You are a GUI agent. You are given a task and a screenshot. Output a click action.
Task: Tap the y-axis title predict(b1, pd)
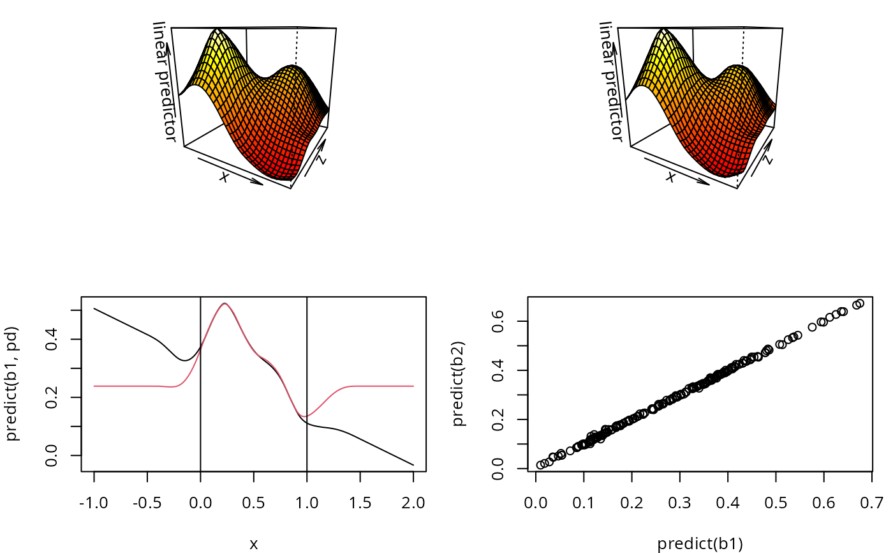click(13, 384)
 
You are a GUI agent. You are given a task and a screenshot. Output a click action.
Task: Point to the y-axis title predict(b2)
click(459, 384)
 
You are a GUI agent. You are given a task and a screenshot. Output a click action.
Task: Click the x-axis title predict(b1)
click(700, 544)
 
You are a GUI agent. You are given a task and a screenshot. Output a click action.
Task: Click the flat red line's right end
click(413, 386)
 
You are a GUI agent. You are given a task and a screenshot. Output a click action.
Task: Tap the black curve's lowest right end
click(413, 465)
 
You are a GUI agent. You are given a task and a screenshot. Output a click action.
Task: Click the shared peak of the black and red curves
click(224, 304)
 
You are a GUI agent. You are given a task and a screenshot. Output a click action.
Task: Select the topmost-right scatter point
click(860, 303)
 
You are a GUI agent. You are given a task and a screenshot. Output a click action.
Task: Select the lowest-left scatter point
click(541, 465)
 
